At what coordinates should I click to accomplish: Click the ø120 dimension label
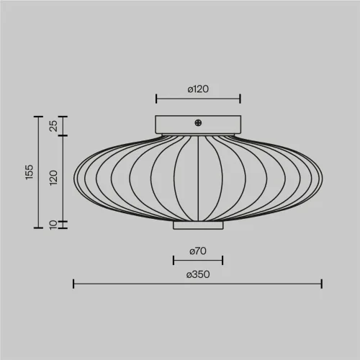click(x=198, y=89)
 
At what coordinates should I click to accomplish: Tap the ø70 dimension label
click(x=198, y=251)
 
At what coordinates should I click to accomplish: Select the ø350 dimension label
click(x=198, y=274)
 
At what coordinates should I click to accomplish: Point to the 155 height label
click(x=29, y=172)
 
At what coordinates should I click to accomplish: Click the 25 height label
click(x=53, y=126)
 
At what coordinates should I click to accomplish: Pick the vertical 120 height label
click(x=53, y=178)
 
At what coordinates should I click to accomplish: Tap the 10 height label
click(x=53, y=225)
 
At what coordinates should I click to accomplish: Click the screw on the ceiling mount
click(x=198, y=123)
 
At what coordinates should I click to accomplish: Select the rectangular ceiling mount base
click(x=198, y=125)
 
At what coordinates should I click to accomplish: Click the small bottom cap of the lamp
click(x=198, y=225)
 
